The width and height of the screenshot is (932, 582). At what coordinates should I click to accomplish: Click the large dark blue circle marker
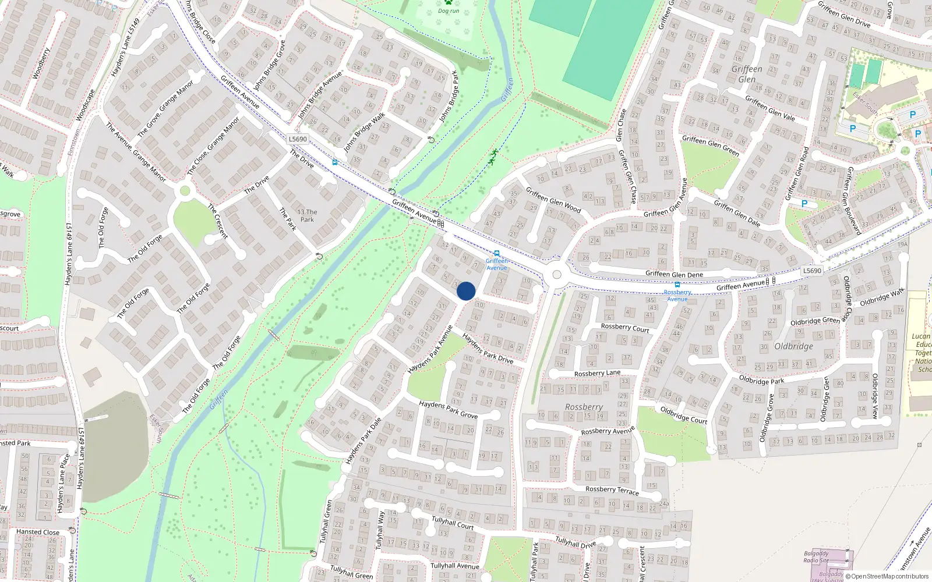point(466,291)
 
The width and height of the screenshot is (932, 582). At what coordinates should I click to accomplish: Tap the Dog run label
point(449,11)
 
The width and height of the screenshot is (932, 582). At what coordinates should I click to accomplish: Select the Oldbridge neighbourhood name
point(793,346)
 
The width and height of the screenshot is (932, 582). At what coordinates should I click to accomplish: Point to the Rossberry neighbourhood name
point(584,407)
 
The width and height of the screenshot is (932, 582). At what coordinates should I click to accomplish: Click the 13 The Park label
point(307,216)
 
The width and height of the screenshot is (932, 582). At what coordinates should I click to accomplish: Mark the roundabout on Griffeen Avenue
point(557,275)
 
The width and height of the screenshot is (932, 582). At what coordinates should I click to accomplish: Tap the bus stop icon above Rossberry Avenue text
point(677,285)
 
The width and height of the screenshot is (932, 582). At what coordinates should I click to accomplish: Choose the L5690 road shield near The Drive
point(298,139)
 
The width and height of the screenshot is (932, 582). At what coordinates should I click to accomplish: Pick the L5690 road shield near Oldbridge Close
point(812,271)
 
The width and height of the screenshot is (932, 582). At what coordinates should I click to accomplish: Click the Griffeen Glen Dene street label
point(674,274)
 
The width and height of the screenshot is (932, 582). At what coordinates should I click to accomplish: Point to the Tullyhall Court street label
point(453,522)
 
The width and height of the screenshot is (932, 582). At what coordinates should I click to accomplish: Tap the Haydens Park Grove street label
point(448,410)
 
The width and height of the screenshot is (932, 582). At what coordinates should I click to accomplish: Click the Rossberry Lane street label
point(597,374)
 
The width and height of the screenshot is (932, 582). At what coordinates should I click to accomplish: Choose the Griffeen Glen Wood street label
point(553,200)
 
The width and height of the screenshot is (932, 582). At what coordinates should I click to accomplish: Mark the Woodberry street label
point(41,63)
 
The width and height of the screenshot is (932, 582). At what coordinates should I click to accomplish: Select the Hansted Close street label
point(38,532)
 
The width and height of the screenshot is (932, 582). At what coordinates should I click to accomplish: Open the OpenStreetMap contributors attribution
point(887,576)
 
